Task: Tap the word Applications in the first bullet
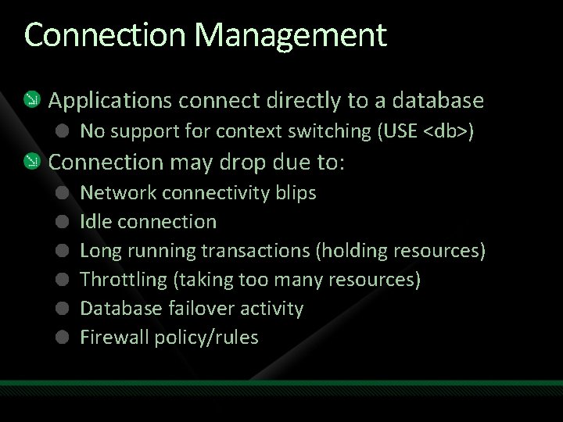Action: click(110, 101)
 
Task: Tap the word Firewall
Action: click(114, 338)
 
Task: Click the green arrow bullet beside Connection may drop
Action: click(30, 162)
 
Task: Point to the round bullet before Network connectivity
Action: click(63, 192)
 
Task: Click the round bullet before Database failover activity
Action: click(63, 309)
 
